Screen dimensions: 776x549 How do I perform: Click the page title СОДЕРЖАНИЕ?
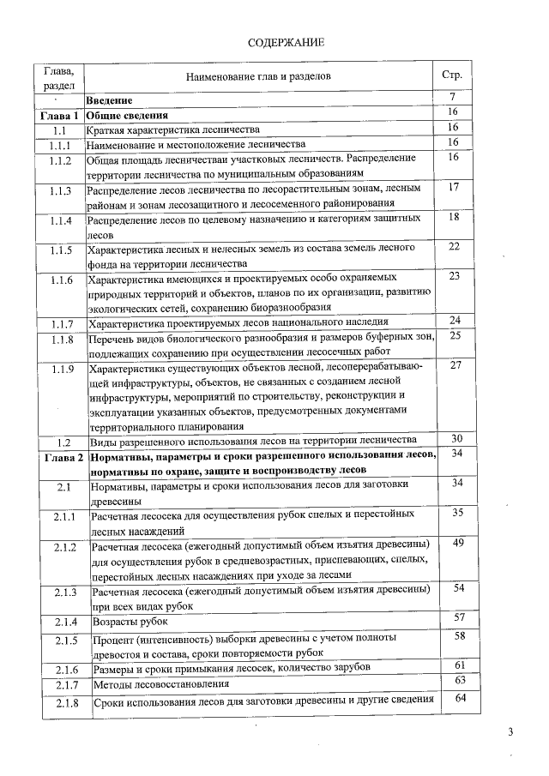pos(286,43)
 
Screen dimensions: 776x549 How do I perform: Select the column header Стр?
pos(451,75)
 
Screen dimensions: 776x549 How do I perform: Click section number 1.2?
pos(59,442)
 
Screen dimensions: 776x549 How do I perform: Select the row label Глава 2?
pos(59,458)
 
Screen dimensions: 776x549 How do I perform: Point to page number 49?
pos(457,543)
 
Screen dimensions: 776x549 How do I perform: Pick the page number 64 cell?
pos(459,699)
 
